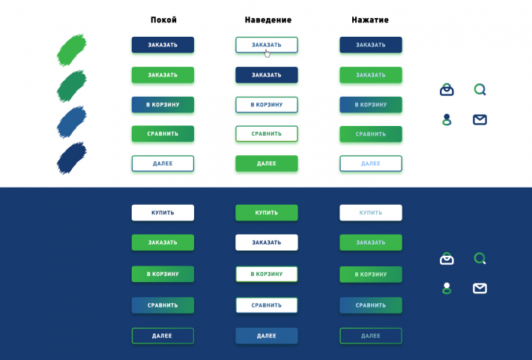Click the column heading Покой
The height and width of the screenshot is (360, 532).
click(163, 20)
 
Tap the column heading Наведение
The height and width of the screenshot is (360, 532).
click(268, 20)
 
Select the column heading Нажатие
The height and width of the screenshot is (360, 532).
click(370, 20)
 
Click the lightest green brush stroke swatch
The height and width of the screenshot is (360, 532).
click(72, 50)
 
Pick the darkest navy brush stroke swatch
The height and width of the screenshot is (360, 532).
click(72, 158)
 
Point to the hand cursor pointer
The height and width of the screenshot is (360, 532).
click(267, 54)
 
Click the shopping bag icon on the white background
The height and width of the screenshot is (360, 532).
click(447, 90)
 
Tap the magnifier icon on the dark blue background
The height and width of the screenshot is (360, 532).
click(480, 259)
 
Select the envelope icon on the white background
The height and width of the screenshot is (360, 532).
click(480, 119)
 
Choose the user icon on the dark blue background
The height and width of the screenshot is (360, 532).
click(447, 288)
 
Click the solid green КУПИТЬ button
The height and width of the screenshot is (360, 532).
click(267, 212)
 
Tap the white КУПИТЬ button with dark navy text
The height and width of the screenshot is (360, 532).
click(163, 212)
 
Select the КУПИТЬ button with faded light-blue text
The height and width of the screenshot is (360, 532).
click(371, 212)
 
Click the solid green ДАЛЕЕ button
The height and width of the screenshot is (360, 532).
click(267, 163)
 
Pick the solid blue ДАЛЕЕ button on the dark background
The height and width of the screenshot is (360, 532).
click(267, 336)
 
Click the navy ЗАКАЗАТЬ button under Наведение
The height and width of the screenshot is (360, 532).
click(267, 75)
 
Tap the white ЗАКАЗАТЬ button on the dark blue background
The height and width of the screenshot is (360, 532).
click(267, 242)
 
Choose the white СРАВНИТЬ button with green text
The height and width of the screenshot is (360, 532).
click(267, 133)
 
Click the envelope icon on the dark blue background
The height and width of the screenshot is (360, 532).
click(480, 288)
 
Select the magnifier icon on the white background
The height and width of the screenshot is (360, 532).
click(480, 90)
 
